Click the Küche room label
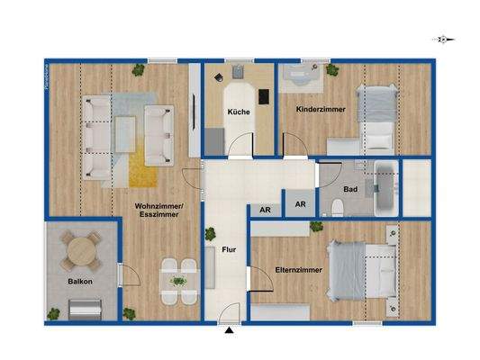[x=238, y=112]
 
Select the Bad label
[x=351, y=189]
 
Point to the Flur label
[x=229, y=253]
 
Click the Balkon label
[x=80, y=282]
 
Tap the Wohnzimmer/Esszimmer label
[x=159, y=212]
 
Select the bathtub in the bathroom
[x=385, y=187]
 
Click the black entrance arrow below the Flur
[x=231, y=330]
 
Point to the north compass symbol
[x=442, y=40]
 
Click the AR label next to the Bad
[x=301, y=204]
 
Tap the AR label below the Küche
[x=265, y=210]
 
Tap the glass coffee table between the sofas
[x=125, y=132]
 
